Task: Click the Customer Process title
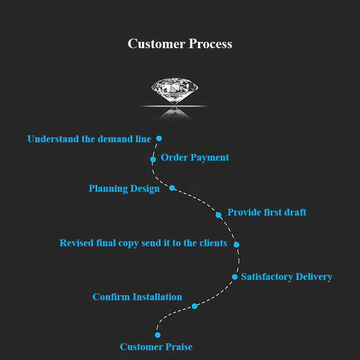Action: coord(180,44)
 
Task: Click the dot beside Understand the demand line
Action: coord(159,139)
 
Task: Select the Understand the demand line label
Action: coord(89,139)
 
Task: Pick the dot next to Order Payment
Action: coord(153,159)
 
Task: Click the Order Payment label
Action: coord(195,157)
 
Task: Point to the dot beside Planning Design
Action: coord(172,188)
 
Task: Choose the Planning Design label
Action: coord(124,189)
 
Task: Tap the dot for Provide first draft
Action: coord(218,215)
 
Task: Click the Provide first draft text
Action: coord(267,212)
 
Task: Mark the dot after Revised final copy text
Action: coord(236,245)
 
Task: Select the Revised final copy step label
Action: coord(143,243)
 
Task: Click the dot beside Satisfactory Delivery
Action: coord(234,277)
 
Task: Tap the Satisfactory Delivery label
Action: coord(287,277)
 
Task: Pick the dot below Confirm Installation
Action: coord(194,306)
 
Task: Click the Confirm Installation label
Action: coord(137,297)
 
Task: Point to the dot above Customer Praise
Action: coord(157,335)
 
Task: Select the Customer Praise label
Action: coord(156,347)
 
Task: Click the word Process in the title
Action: coord(211,44)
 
